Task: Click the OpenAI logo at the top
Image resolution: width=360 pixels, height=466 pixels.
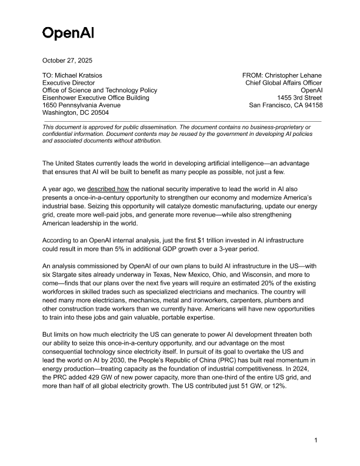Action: [x=68, y=32]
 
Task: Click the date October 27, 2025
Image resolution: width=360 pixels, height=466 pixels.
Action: [x=67, y=61]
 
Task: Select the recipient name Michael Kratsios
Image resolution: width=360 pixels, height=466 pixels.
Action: [x=85, y=76]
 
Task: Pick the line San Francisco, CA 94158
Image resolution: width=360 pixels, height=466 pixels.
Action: [x=285, y=105]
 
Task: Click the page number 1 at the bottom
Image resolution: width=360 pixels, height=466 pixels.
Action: [x=316, y=440]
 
